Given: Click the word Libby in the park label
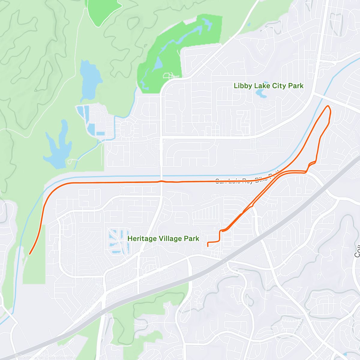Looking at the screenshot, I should pos(243,86).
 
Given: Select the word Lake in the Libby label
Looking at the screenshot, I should pos(262,86).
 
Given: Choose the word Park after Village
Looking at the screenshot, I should pos(192,239).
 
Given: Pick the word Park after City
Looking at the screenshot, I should pos(296,86).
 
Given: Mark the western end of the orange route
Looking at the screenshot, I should pos(30,254).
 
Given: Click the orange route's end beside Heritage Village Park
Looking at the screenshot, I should pos(208,246).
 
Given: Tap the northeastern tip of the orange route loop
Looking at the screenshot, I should pos(328,106).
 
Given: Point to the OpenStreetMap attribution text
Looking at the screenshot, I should pos(45,356).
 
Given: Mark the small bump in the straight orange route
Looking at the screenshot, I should pos(161,181).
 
